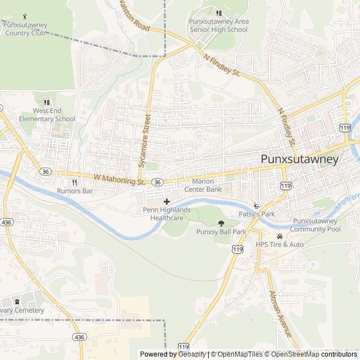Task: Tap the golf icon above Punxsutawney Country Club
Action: pos(25,17)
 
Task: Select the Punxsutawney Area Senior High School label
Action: pos(218,25)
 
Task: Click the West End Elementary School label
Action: pos(47,115)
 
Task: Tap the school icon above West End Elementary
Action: pos(47,103)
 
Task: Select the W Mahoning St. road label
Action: pos(120,179)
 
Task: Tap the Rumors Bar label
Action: pos(74,191)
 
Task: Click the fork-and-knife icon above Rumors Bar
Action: pos(74,182)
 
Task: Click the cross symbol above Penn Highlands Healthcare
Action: pos(166,201)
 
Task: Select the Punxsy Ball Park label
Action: pos(221,232)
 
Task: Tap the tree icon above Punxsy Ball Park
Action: pos(220,223)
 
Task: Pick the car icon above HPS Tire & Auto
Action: pos(280,236)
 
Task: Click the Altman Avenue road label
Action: pos(281,313)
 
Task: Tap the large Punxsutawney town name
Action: pos(300,160)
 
